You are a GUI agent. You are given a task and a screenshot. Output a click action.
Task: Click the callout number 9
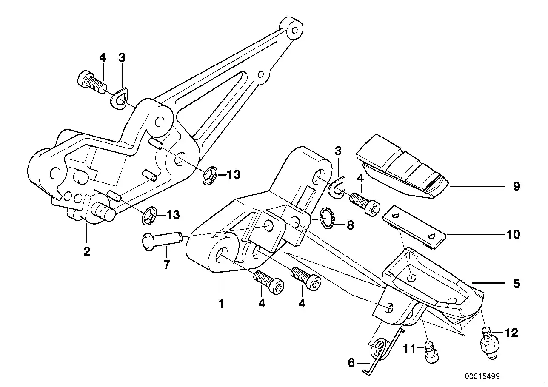pyautogui.click(x=516, y=187)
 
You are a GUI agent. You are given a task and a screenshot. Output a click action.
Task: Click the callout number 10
pyautogui.click(x=514, y=234)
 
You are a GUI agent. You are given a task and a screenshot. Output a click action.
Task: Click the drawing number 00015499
pyautogui.click(x=482, y=376)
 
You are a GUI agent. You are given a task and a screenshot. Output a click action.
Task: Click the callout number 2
pyautogui.click(x=87, y=252)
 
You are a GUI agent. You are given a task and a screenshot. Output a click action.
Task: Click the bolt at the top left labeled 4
pyautogui.click(x=91, y=83)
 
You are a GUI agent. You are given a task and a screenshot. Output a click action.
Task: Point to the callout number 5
pyautogui.click(x=516, y=284)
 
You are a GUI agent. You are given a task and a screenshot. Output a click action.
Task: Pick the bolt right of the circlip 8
pyautogui.click(x=365, y=204)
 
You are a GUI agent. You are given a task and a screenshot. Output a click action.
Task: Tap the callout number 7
pyautogui.click(x=166, y=265)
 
